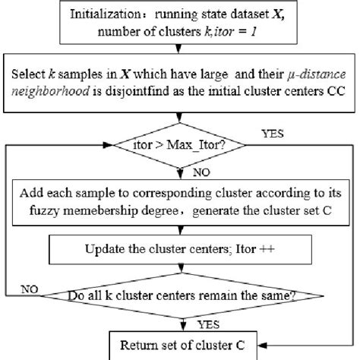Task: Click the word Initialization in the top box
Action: point(111,14)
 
